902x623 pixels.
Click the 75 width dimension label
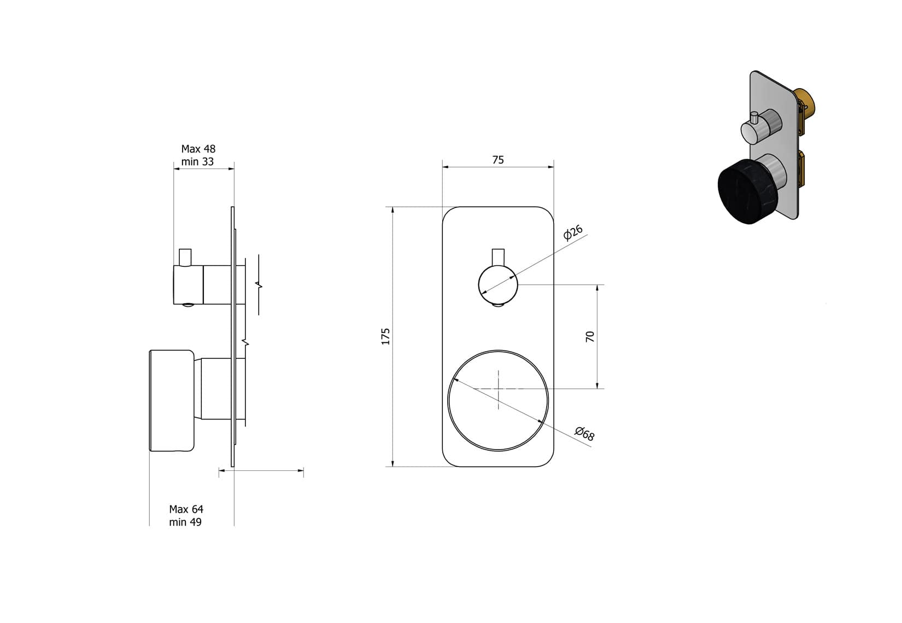pyautogui.click(x=497, y=160)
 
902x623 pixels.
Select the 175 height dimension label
pyautogui.click(x=386, y=336)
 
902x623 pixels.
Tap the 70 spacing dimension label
pyautogui.click(x=590, y=336)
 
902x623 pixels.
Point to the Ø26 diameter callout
pyautogui.click(x=573, y=232)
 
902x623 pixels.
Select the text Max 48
pyautogui.click(x=198, y=149)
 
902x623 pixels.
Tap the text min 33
pyautogui.click(x=197, y=162)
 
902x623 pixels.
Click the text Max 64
pyautogui.click(x=186, y=509)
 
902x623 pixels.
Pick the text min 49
pyautogui.click(x=185, y=522)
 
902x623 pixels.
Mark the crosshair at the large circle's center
pyautogui.click(x=499, y=389)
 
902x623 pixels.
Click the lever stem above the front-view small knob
pyautogui.click(x=498, y=257)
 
